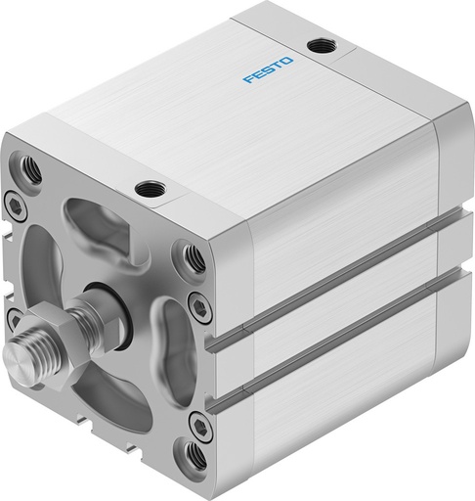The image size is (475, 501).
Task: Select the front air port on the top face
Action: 149,187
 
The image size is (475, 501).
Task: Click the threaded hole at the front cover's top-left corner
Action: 31,169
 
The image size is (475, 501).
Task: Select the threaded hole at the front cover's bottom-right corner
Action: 195,456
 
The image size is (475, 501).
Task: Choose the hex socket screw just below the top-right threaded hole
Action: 200,307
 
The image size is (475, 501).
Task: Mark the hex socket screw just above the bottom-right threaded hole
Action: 199,425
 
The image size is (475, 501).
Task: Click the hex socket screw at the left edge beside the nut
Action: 13,318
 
